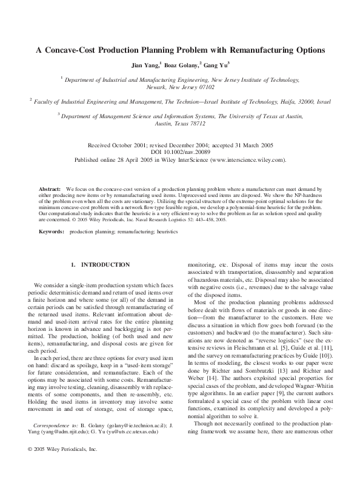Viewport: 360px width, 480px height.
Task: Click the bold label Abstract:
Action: pos(50,190)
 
